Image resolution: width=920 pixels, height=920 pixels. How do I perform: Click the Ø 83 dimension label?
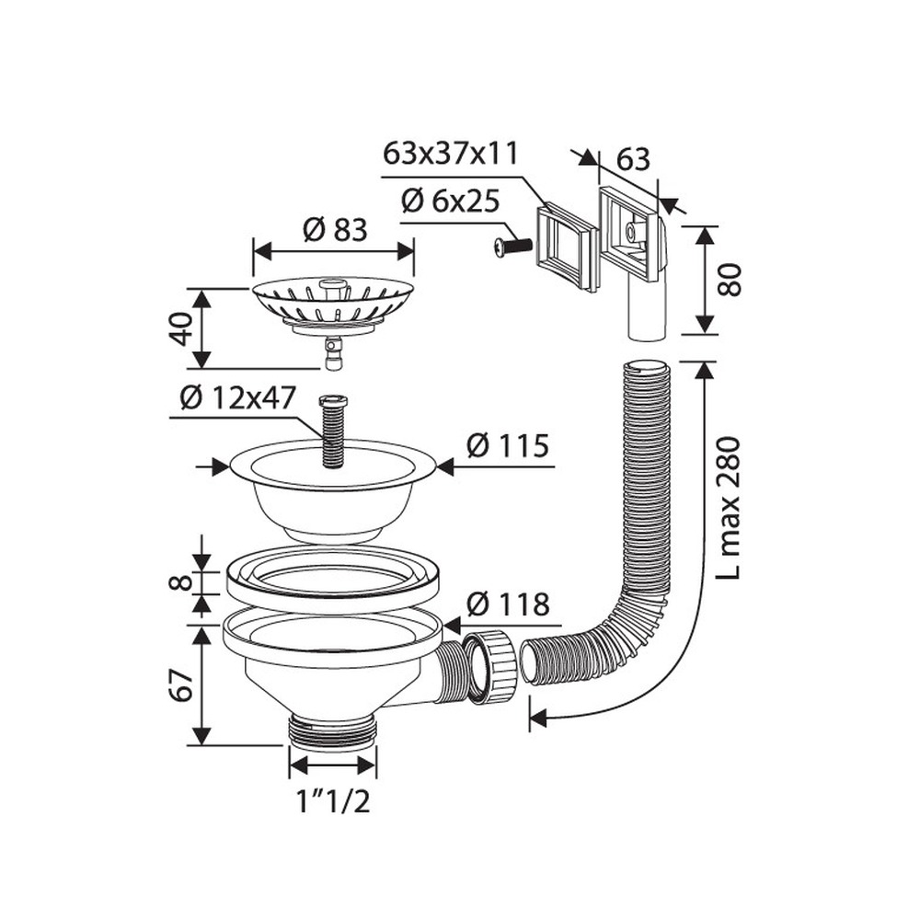tap(335, 229)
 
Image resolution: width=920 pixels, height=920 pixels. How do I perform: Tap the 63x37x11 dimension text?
tap(451, 154)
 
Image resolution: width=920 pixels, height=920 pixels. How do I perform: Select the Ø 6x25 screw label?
tap(450, 201)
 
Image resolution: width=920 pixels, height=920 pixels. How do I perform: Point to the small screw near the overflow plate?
tap(511, 247)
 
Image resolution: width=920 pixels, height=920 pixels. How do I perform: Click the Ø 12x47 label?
tap(237, 398)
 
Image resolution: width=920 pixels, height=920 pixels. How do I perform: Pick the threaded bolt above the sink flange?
tap(333, 431)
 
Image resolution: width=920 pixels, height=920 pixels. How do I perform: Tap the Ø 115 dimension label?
tap(508, 446)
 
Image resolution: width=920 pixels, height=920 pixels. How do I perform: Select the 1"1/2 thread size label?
tap(333, 802)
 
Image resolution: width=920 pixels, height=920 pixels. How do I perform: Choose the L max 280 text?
tap(730, 508)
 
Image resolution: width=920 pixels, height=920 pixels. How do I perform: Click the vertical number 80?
tap(730, 281)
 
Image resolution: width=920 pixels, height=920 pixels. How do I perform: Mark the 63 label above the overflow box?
tap(633, 159)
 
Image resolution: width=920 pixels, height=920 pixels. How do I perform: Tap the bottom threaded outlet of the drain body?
tap(333, 731)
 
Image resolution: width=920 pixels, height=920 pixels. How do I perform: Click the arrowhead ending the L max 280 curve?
tap(538, 717)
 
